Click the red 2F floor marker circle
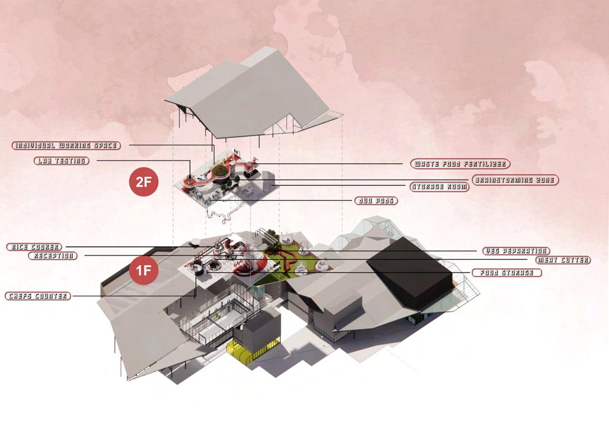coord(144,183)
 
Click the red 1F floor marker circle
coord(144,271)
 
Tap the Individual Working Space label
coord(66,146)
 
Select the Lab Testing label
coord(61,161)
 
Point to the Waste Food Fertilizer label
coord(460,164)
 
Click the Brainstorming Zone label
coord(515,180)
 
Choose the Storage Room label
coord(439,187)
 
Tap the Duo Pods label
coord(376,200)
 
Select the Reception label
coord(53,255)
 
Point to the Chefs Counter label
coord(37,296)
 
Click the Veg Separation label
coord(515,251)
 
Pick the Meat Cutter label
coord(562,260)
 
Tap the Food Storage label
coord(506,273)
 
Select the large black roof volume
coord(411,270)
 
